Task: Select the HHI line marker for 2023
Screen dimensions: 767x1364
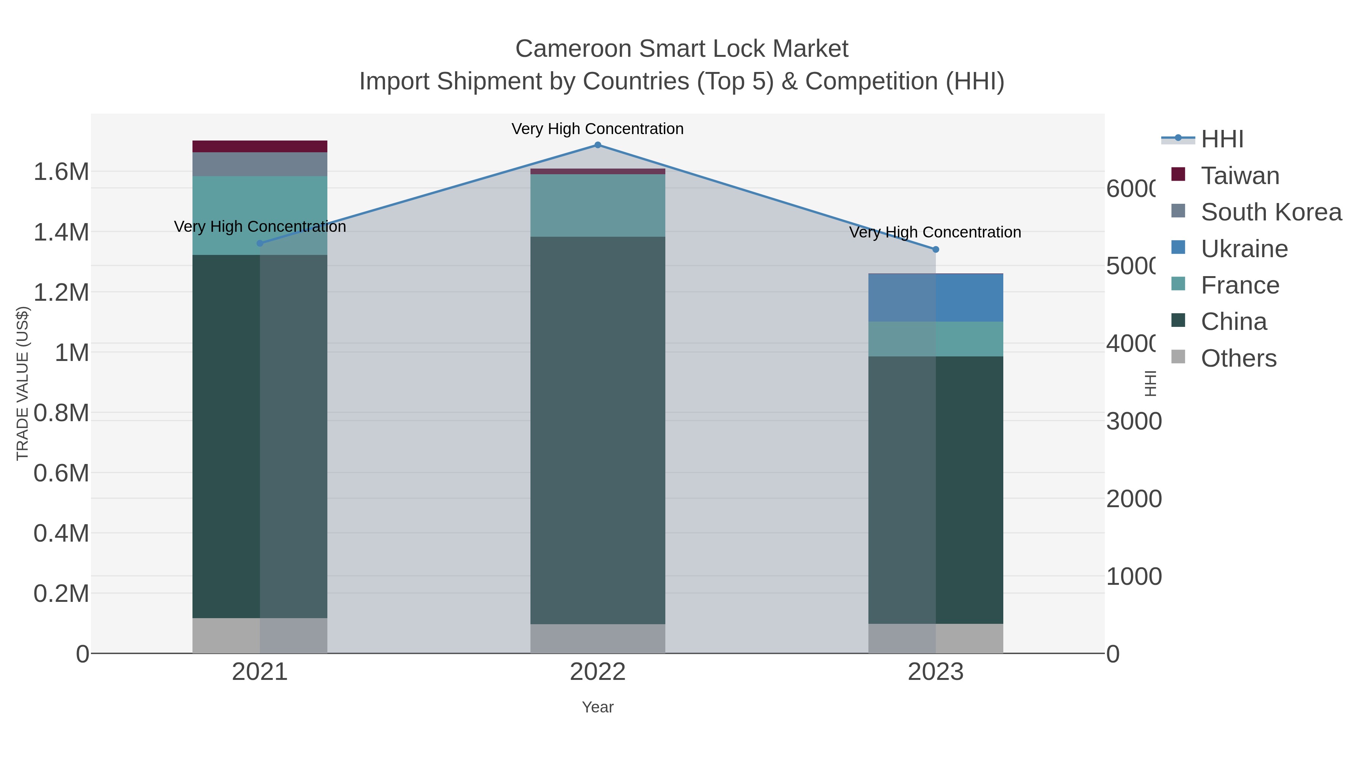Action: point(935,249)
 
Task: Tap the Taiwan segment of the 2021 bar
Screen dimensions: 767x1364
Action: point(260,147)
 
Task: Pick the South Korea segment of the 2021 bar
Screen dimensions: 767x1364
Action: point(260,164)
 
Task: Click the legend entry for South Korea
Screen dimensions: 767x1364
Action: point(1270,212)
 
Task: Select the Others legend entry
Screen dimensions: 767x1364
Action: point(1238,358)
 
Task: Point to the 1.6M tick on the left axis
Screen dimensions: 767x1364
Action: point(61,172)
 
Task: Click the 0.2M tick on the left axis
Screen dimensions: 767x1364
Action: point(61,594)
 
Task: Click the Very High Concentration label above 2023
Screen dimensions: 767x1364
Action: point(935,233)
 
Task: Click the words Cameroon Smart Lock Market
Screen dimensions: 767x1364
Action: point(682,49)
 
